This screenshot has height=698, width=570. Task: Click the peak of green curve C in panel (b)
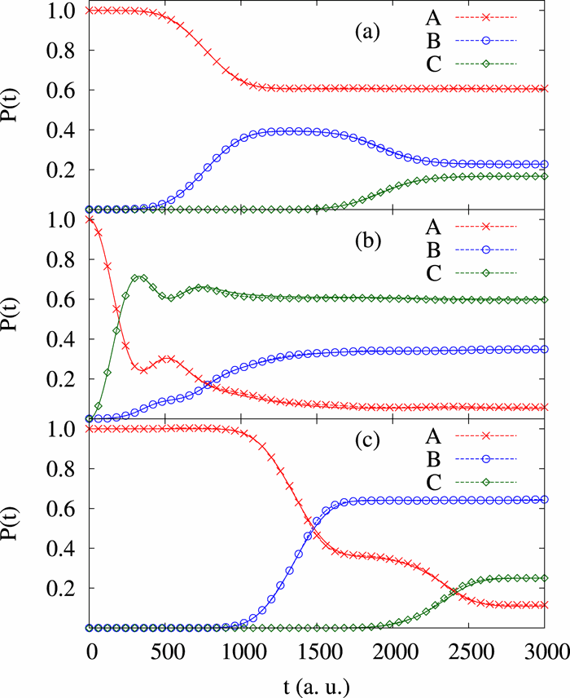140,277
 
